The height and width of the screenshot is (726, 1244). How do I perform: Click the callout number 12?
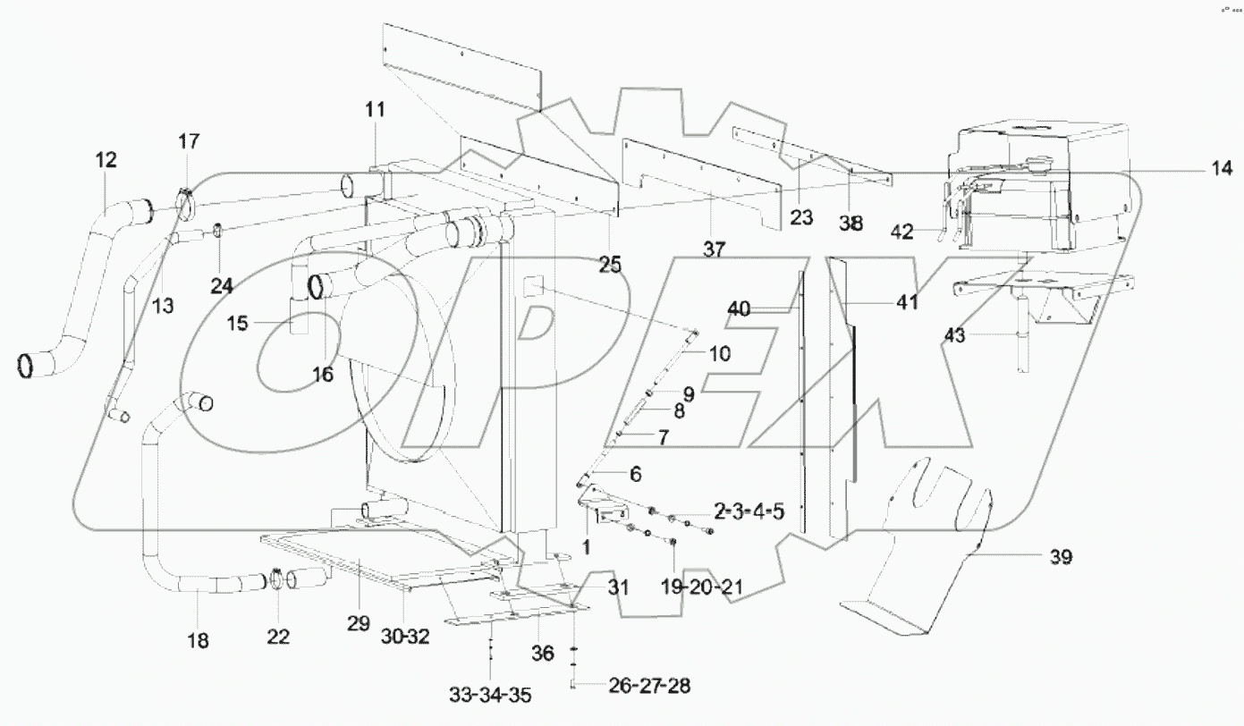(x=106, y=161)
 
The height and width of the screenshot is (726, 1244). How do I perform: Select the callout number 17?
(x=189, y=141)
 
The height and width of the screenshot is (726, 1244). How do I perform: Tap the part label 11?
(x=374, y=110)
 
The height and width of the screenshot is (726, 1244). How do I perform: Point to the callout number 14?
(x=1222, y=167)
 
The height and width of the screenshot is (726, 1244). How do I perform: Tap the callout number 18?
(x=198, y=640)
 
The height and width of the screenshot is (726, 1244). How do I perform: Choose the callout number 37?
(x=713, y=249)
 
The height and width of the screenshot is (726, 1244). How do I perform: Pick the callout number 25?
(x=611, y=266)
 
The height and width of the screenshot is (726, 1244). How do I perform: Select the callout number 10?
(x=719, y=353)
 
